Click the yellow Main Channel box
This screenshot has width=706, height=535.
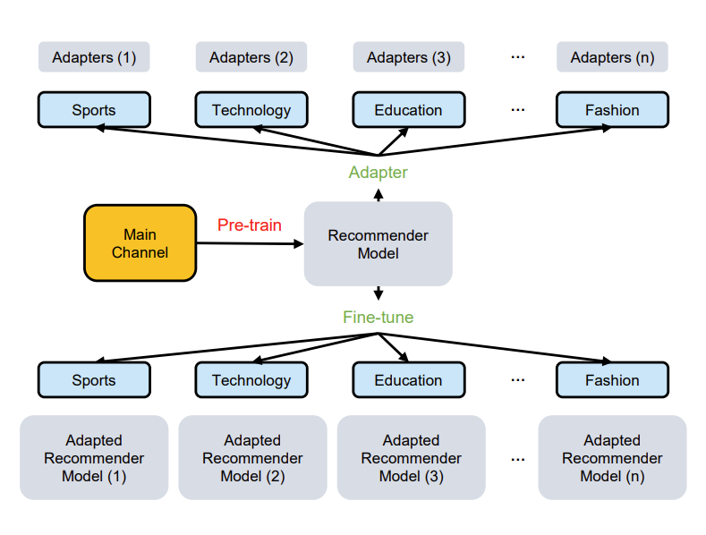tap(140, 243)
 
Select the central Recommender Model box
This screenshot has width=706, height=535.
tap(379, 243)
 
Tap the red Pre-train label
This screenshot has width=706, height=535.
tap(250, 225)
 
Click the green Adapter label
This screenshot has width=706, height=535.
tap(379, 173)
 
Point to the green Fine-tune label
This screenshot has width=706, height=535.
tap(379, 317)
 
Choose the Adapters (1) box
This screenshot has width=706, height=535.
tap(94, 57)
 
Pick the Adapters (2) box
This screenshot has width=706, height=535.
tap(251, 57)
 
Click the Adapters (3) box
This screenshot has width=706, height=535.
tap(409, 57)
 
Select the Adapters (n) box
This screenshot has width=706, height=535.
tap(612, 57)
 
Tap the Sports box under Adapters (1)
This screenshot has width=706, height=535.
tap(94, 110)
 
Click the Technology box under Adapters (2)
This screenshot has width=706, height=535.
tap(251, 110)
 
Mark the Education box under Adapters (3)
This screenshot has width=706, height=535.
tap(409, 110)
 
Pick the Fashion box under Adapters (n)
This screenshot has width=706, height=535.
tap(612, 110)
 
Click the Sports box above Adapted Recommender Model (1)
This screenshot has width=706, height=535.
tap(94, 380)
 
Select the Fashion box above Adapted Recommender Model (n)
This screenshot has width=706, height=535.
tap(612, 380)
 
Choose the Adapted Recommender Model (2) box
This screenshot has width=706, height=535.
tap(252, 457)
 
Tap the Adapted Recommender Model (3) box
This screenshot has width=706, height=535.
tap(412, 457)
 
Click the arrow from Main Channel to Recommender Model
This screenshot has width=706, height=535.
tap(251, 243)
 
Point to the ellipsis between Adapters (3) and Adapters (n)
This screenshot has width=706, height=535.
tap(518, 57)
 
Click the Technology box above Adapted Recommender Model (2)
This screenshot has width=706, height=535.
tap(251, 380)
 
